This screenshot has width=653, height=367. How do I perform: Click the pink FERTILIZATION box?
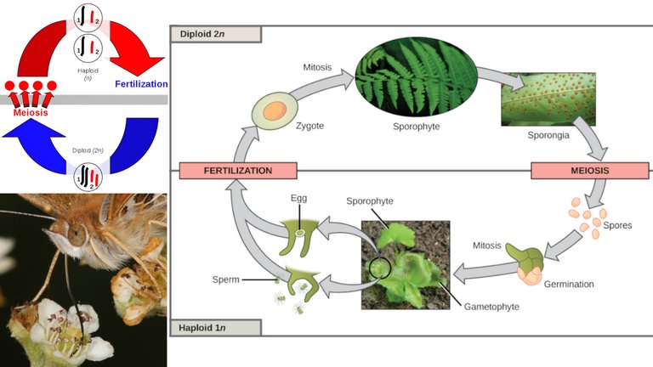238,171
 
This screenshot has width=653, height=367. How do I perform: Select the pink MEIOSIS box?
590,171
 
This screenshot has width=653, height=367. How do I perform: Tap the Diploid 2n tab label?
216,34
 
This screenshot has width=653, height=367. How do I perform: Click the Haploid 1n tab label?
216,327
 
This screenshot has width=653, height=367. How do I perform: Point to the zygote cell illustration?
275,110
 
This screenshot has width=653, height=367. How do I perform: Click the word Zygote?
309,126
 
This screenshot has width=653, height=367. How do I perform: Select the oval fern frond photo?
416,77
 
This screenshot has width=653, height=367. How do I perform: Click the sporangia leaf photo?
548,99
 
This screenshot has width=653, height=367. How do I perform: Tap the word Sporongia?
548,135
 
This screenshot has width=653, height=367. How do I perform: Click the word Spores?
617,225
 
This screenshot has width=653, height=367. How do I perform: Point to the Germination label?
569,285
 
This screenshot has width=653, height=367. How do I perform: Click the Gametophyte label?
491,307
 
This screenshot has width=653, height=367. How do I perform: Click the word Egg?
299,199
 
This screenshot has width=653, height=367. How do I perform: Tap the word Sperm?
225,279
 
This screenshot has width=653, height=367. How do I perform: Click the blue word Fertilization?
141,84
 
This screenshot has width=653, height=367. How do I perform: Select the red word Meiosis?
31,112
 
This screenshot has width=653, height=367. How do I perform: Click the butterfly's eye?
77,235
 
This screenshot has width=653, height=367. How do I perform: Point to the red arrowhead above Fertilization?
139,65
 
